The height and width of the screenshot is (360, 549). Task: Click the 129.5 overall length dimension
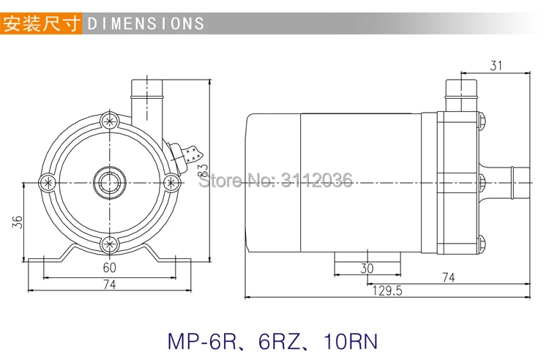coord(387,290)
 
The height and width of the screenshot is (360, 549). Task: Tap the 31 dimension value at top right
coord(496,66)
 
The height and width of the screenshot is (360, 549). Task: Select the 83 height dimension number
coord(203,171)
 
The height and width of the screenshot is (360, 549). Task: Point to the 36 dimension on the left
coord(18,222)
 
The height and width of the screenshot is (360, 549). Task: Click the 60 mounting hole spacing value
coord(109,268)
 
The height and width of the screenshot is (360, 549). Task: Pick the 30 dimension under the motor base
coord(367,269)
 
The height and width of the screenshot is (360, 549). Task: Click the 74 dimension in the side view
coord(448,277)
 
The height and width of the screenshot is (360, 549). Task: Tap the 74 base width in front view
coord(109,285)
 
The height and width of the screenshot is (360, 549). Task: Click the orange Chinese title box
coord(41,23)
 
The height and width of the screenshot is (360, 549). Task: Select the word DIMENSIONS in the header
coord(146,24)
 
